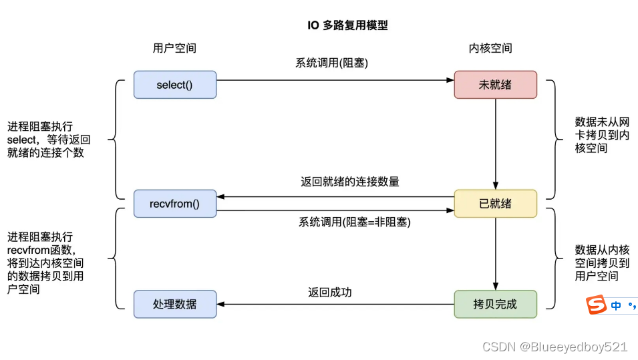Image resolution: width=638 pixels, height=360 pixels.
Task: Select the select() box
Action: tap(174, 85)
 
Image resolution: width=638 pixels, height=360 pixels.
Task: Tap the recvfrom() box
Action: tap(174, 204)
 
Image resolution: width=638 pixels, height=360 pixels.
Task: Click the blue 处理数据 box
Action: tap(174, 304)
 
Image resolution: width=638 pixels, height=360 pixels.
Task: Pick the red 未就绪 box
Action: tap(495, 85)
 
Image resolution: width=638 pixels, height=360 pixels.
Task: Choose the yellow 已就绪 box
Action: tap(495, 204)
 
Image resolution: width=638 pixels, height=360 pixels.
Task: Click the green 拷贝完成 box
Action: tap(495, 304)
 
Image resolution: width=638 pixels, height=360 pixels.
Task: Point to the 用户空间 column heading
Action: tap(174, 48)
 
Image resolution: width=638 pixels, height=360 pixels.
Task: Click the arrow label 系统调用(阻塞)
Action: tap(332, 63)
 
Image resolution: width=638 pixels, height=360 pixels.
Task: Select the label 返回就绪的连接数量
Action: tap(350, 181)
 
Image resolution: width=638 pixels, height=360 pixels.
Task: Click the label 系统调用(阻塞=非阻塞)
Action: tap(354, 222)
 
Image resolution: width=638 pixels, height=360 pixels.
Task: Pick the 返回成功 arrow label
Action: tap(329, 292)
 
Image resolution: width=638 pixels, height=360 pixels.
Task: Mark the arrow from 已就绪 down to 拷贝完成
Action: tap(495, 254)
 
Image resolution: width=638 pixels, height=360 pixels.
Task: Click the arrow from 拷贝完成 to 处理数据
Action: tap(334, 305)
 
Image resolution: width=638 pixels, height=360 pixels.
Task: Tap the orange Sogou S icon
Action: tap(595, 305)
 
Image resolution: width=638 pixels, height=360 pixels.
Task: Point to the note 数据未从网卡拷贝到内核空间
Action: tap(601, 135)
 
